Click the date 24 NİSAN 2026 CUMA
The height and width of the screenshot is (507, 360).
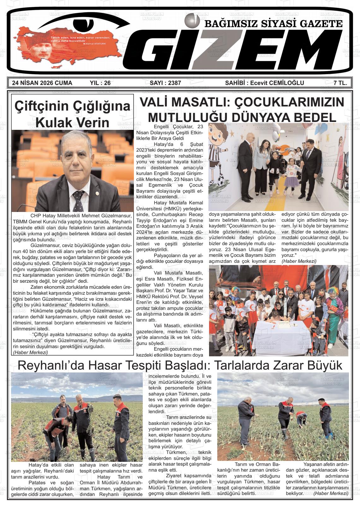tap(42, 83)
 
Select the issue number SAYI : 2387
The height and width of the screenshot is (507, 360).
tap(165, 83)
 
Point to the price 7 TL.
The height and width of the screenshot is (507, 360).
tap(340, 83)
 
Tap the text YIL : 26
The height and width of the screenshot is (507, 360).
tap(100, 83)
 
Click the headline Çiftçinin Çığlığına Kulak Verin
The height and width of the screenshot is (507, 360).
tap(72, 114)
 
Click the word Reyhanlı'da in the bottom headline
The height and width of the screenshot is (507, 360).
tap(51, 365)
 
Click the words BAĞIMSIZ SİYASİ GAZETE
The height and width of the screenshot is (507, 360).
tap(273, 24)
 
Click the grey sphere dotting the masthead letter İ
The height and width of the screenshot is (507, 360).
tap(190, 19)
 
